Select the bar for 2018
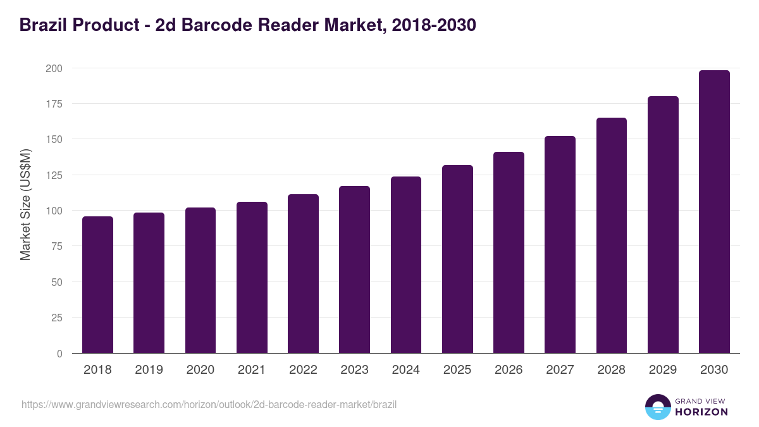click(97, 285)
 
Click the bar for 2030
click(714, 212)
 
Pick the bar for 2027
click(560, 245)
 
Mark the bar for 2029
click(663, 225)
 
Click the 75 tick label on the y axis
click(56, 246)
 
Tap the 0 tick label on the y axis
click(59, 354)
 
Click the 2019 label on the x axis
click(149, 370)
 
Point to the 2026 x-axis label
click(509, 370)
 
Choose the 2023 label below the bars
click(354, 370)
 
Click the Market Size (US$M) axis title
click(25, 205)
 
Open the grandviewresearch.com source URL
click(209, 404)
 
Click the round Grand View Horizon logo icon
click(657, 407)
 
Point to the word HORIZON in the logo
click(701, 412)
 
